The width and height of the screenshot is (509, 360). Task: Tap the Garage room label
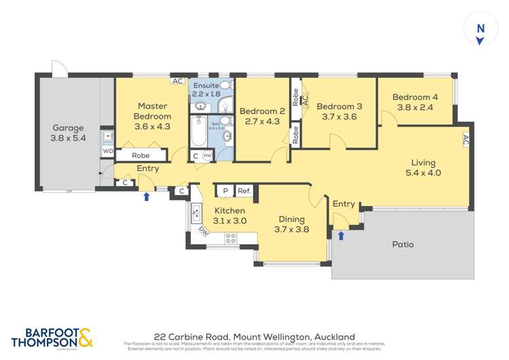[x=69, y=128]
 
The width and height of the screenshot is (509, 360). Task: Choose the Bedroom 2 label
[x=261, y=111]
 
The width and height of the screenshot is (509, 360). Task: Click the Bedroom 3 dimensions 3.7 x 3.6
[x=339, y=116]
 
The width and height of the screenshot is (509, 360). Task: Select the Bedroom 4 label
[x=415, y=97]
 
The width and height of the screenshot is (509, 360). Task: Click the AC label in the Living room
[x=466, y=141]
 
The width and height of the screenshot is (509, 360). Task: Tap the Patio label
[x=402, y=244]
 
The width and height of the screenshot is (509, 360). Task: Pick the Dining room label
[x=290, y=220]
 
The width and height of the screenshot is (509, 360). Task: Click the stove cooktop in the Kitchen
[x=231, y=238]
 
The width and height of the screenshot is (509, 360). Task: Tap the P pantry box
[x=225, y=192]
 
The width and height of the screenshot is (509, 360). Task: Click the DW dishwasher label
[x=203, y=231]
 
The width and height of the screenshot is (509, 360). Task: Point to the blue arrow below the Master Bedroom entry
[x=147, y=198]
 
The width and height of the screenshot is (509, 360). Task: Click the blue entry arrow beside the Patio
[x=341, y=236]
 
